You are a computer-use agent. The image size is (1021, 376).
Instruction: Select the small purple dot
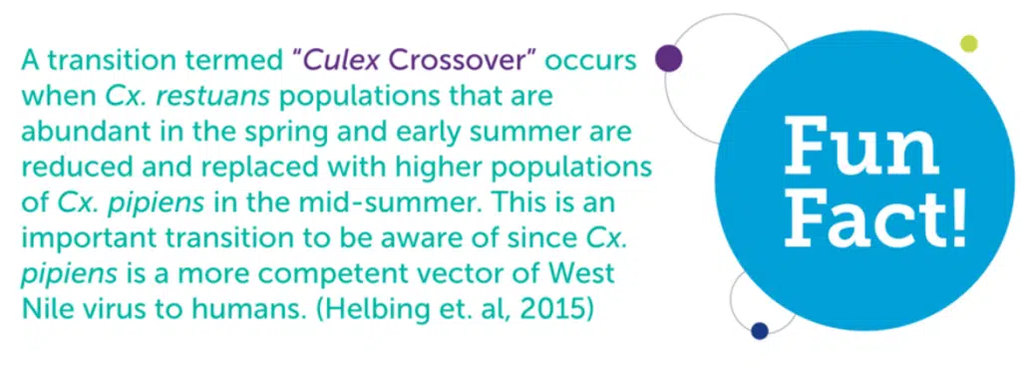pos(668,59)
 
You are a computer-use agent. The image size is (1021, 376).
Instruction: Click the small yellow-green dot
pos(967,43)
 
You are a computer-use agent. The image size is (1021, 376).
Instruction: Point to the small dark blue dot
pos(761,330)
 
